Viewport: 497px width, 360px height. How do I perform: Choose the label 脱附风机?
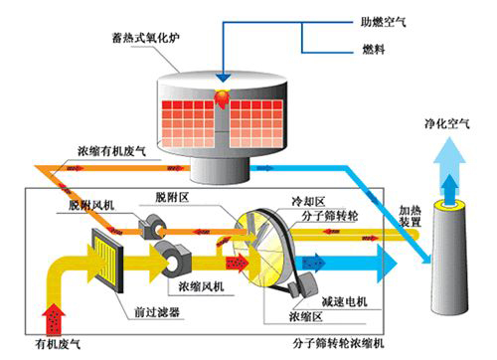[x=92, y=204]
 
